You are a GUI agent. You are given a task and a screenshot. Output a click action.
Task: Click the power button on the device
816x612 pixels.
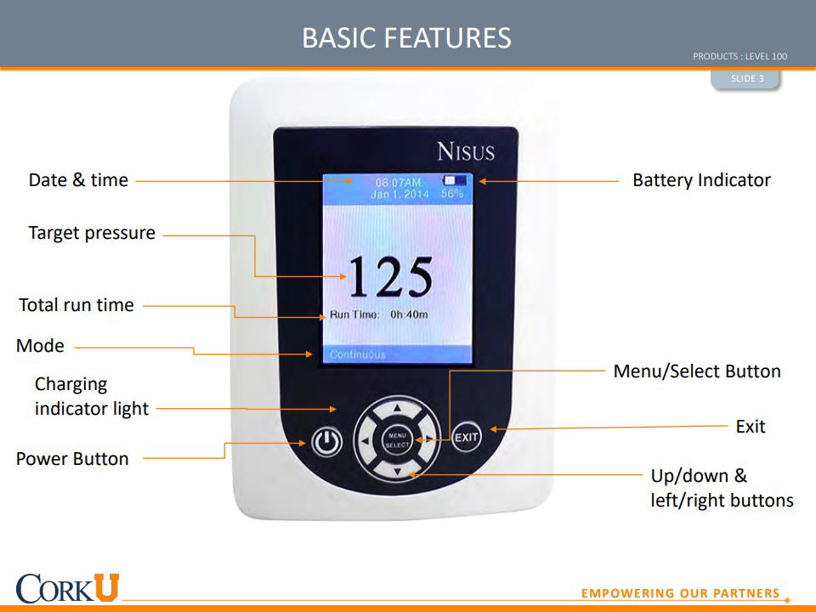click(326, 442)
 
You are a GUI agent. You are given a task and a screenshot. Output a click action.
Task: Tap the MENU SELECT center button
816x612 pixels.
click(398, 440)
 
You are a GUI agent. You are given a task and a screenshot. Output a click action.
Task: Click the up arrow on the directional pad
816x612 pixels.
click(397, 409)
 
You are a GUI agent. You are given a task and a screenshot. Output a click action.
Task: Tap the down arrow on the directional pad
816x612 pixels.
click(398, 472)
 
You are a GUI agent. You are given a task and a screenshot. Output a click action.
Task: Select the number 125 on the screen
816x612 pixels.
click(390, 277)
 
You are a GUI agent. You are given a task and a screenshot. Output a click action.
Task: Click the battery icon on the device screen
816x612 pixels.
click(454, 180)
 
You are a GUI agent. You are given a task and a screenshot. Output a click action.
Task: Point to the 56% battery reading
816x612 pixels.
click(451, 194)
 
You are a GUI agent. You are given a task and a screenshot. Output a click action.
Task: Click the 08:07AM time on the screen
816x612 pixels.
click(398, 183)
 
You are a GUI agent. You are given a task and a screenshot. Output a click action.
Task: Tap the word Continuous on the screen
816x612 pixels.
click(358, 354)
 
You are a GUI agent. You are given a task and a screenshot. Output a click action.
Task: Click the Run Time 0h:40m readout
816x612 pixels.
click(379, 314)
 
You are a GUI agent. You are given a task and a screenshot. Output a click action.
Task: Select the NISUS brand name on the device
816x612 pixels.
click(466, 151)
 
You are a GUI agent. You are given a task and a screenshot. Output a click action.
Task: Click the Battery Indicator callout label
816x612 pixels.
click(701, 180)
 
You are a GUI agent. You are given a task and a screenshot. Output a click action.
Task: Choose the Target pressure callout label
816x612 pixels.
click(92, 233)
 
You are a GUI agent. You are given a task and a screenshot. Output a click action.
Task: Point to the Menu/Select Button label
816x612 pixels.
click(697, 371)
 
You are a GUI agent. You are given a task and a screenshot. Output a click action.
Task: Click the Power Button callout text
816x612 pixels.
click(72, 459)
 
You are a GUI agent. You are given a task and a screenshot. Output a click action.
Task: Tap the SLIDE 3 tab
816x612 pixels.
click(747, 78)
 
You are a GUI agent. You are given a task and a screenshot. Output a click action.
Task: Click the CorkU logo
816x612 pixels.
click(68, 588)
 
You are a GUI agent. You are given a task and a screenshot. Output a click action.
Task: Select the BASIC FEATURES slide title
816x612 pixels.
click(407, 38)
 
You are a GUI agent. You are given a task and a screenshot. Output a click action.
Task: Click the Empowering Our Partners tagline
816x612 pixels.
click(680, 593)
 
